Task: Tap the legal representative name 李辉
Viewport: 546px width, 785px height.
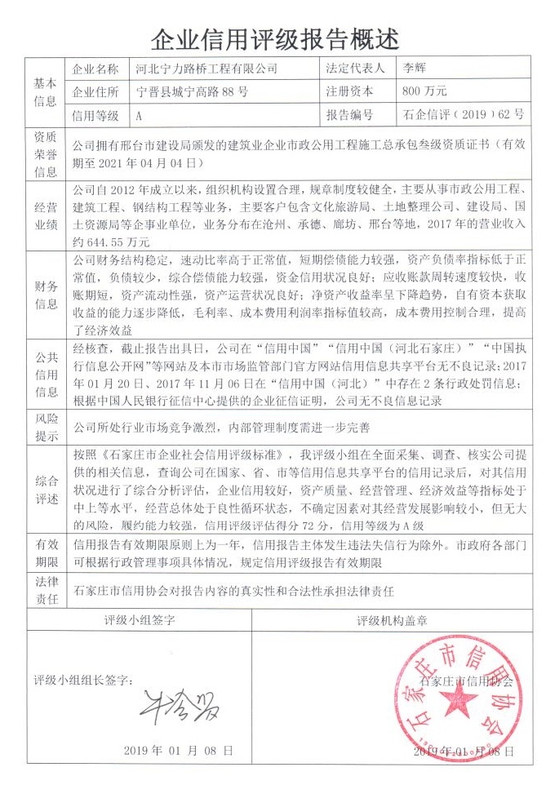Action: pyautogui.click(x=410, y=69)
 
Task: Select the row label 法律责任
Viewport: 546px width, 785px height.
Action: pyautogui.click(x=45, y=588)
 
